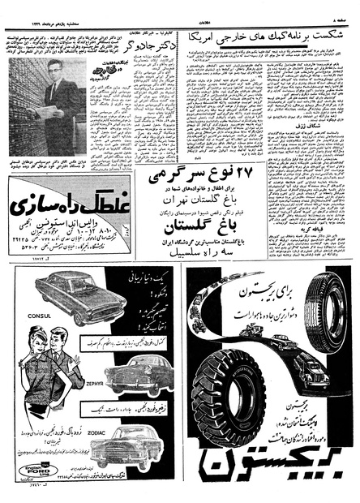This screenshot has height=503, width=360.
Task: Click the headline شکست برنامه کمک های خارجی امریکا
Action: [272, 37]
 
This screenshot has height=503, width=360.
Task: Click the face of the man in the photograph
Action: [58, 87]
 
